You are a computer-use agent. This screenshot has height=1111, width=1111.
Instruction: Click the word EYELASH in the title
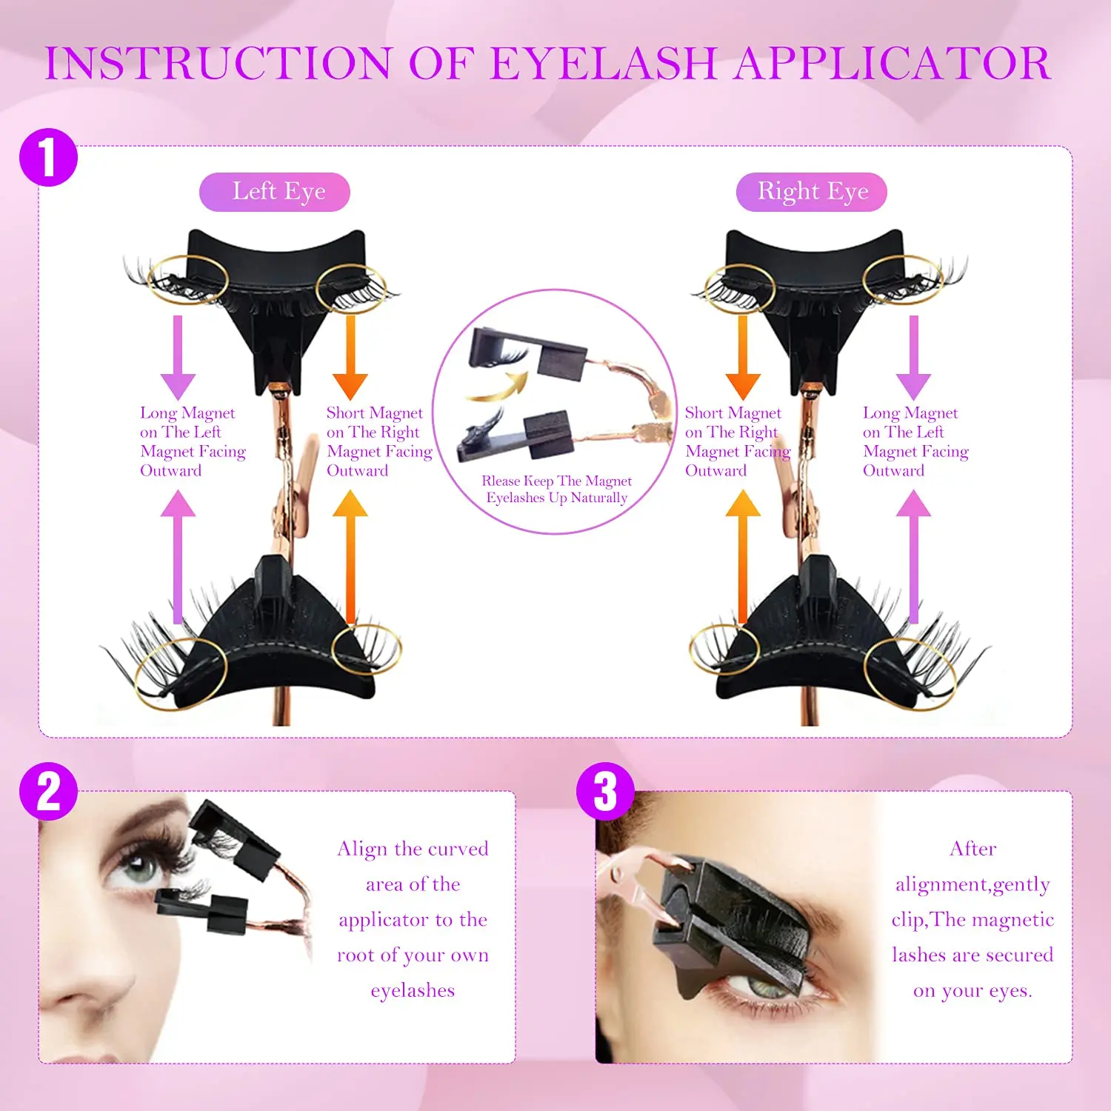click(604, 64)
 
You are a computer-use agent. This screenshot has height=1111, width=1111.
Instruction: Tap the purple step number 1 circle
click(48, 157)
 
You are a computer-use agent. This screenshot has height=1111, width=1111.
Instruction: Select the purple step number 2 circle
click(48, 791)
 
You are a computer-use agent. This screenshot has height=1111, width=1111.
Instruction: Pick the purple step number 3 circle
click(605, 791)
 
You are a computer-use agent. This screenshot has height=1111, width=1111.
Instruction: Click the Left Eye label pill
click(275, 192)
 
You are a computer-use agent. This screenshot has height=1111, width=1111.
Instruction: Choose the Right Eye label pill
click(811, 192)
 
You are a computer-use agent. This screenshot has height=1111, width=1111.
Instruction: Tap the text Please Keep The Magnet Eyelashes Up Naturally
click(556, 490)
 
